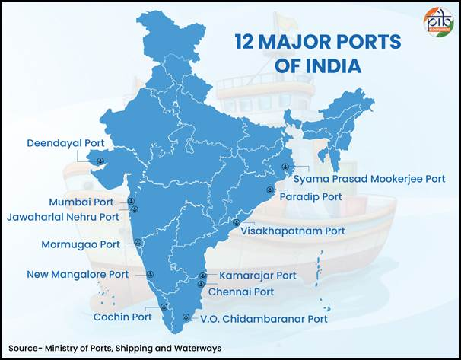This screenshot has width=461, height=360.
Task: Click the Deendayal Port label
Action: tap(65, 142)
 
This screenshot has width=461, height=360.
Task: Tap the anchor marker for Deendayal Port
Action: tap(100, 160)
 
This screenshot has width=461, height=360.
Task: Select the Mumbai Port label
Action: tap(81, 202)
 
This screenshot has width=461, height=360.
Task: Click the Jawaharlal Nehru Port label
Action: tap(63, 216)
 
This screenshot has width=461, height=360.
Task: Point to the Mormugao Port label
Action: tap(80, 245)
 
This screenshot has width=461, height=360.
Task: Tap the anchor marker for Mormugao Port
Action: tap(138, 243)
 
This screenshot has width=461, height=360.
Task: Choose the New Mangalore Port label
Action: tap(78, 274)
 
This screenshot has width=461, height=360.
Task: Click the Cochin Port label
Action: tap(122, 317)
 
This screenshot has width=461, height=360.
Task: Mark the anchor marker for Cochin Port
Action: tap(164, 307)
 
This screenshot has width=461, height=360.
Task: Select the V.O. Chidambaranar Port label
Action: tap(263, 319)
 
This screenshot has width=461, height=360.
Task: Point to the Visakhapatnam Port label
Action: tap(292, 230)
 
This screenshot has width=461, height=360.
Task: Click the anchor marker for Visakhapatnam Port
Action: tap(236, 223)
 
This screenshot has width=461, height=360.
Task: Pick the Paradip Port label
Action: tap(310, 196)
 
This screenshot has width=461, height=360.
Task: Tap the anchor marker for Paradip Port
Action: tap(269, 190)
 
